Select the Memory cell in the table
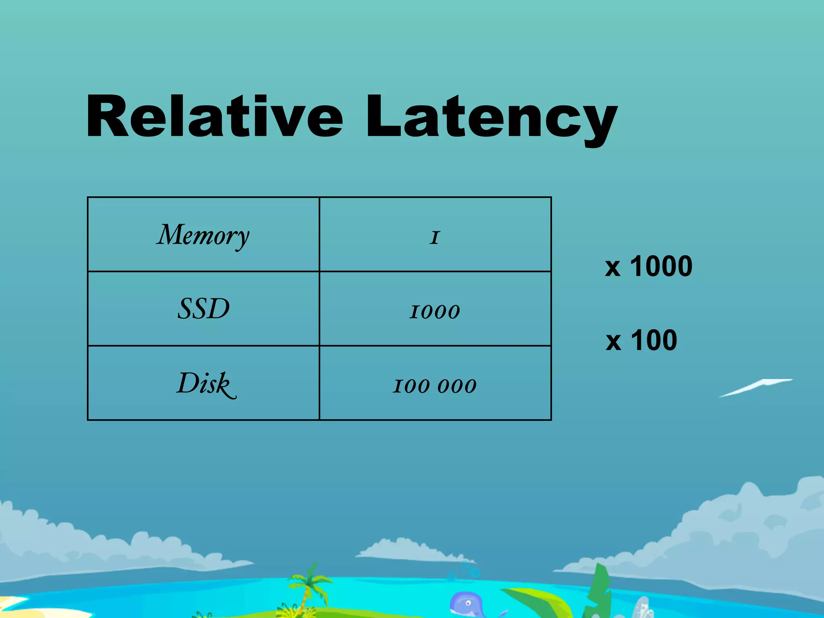tap(203, 235)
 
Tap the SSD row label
tap(204, 309)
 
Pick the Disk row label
tap(205, 383)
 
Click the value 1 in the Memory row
tap(435, 237)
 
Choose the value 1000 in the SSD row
tap(435, 311)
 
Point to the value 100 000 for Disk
tap(435, 385)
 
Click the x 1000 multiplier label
tap(649, 266)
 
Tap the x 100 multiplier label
tap(641, 340)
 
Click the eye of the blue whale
tap(468, 603)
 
